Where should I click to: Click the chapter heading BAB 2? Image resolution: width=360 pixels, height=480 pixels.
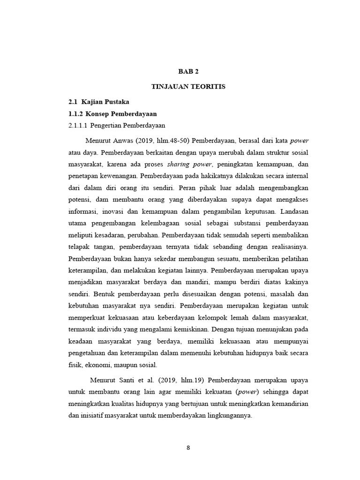[188, 71]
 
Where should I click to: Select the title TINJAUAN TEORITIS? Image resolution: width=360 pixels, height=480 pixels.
[188, 87]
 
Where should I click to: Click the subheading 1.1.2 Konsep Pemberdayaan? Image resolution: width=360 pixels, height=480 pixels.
[112, 114]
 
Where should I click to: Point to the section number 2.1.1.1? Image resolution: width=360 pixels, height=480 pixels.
[78, 126]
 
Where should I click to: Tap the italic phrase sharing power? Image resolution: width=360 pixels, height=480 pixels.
[194, 164]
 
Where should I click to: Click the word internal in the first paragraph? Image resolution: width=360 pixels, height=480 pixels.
[295, 176]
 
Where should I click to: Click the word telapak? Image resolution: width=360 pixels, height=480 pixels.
[80, 247]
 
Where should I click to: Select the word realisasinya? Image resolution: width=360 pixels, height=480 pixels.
[288, 247]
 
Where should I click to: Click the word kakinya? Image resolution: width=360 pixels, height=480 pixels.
[296, 282]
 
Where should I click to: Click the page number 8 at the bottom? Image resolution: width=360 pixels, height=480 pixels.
[188, 447]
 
